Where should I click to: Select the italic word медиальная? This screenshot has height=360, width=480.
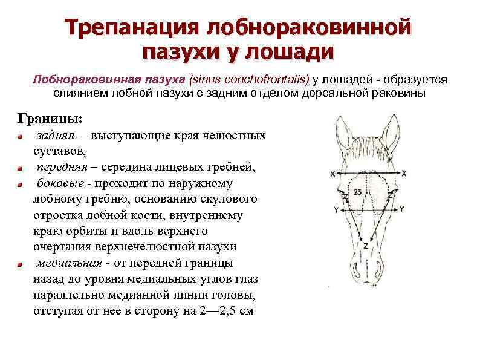pos(68,263)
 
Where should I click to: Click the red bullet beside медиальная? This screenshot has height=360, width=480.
pos(20,264)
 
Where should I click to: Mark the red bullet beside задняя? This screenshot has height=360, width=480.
pos(20,136)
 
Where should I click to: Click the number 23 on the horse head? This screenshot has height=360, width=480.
pos(358,192)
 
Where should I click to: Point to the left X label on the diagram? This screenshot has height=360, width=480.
pos(333,174)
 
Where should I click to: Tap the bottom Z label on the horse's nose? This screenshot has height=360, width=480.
pos(365,246)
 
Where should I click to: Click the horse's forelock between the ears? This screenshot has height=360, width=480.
pos(367,148)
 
